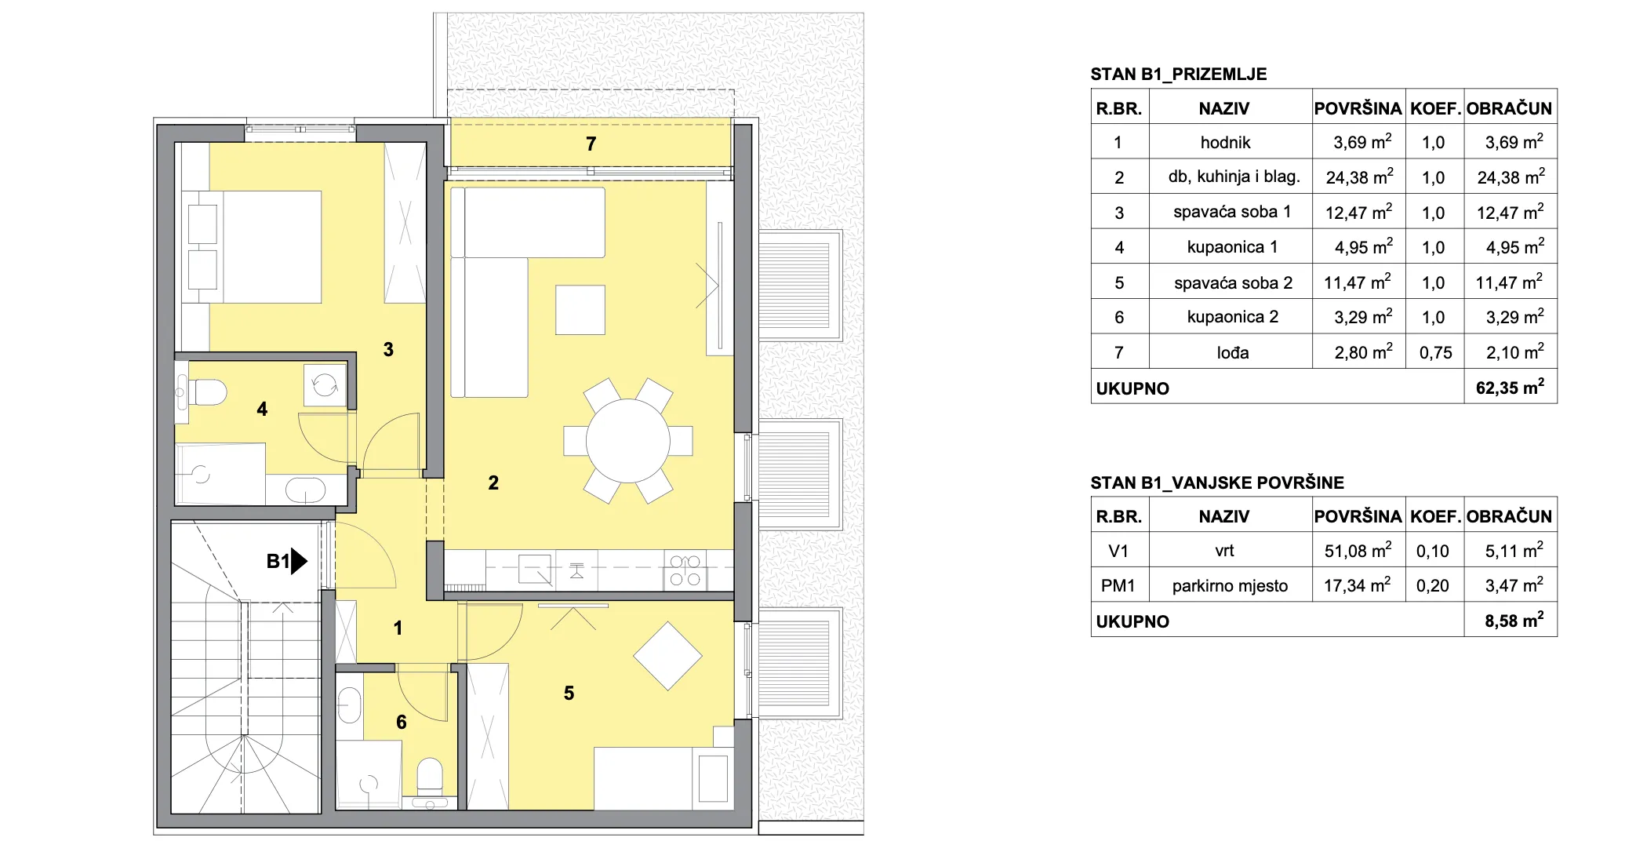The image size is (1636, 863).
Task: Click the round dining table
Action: [627, 440]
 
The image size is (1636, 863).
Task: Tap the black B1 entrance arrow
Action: [299, 561]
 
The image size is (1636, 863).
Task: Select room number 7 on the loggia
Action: [591, 144]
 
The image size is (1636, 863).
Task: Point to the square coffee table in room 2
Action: [580, 310]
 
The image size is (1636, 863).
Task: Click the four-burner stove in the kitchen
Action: [685, 571]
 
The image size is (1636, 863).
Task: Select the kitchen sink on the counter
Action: [536, 569]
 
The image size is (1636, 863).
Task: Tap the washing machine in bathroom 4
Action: [325, 384]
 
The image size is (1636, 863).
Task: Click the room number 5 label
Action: [569, 693]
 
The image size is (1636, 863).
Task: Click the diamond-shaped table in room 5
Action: [667, 656]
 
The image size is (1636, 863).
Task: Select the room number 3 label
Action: [388, 349]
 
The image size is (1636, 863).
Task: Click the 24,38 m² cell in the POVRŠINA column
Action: [1359, 177]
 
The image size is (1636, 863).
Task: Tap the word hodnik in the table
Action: [1225, 142]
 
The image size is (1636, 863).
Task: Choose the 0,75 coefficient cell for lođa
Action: [1435, 353]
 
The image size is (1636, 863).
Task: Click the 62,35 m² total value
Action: [1510, 387]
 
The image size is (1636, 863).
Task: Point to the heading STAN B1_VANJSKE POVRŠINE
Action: [1217, 482]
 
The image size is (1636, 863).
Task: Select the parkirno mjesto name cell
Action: [1230, 586]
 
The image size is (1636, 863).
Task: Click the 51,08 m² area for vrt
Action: [1358, 551]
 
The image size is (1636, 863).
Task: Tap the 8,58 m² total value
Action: [1514, 621]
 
